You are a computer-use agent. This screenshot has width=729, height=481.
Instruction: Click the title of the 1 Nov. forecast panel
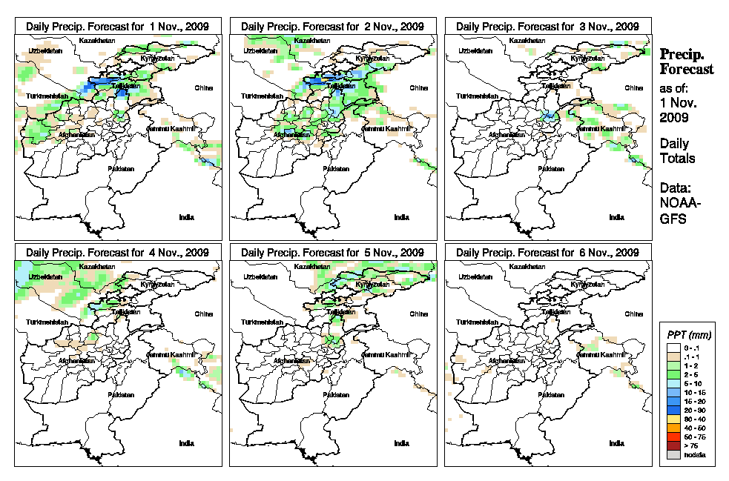117,26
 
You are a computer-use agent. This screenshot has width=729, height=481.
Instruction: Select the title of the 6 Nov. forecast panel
547,252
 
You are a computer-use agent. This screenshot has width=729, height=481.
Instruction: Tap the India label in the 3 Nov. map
616,217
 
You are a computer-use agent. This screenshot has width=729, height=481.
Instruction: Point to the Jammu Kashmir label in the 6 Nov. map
602,355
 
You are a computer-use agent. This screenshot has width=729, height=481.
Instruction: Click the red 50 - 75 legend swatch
672,437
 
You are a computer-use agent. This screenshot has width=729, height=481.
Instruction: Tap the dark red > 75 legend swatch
672,445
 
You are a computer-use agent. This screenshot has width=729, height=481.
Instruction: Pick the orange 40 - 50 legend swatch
672,428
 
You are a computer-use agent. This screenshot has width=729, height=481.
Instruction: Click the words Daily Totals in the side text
677,150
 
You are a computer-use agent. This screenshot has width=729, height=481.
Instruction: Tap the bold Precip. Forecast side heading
687,62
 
